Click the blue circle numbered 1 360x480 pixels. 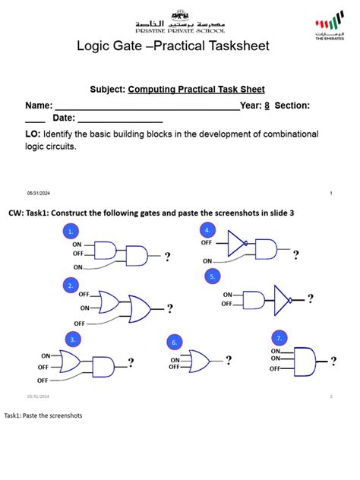click(x=70, y=232)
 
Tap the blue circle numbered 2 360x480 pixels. click(x=70, y=286)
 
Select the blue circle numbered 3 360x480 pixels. click(x=73, y=339)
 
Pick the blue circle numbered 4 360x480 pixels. click(x=207, y=230)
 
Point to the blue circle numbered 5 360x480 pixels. click(x=213, y=276)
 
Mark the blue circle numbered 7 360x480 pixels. click(x=279, y=336)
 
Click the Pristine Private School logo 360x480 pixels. click(x=179, y=26)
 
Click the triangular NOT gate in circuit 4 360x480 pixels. click(x=237, y=244)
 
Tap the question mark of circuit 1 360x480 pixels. click(x=167, y=257)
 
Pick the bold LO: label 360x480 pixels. click(x=33, y=134)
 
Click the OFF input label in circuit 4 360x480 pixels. click(x=207, y=243)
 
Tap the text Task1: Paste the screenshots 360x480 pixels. click(x=43, y=415)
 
